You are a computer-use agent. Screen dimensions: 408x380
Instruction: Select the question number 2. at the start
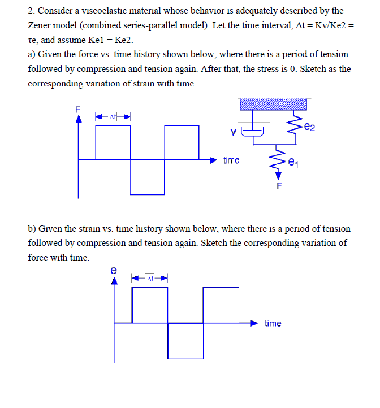[x=32, y=11]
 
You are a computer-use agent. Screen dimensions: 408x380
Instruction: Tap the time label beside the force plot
[x=231, y=160]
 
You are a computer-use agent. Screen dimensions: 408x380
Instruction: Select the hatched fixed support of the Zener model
[x=273, y=104]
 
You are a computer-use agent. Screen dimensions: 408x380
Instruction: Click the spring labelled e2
[x=293, y=125]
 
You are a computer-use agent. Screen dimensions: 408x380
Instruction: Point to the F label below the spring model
[x=278, y=186]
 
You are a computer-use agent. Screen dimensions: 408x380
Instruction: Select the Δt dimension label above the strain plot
[x=150, y=279]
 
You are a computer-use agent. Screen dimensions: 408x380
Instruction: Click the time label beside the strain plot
[x=273, y=323]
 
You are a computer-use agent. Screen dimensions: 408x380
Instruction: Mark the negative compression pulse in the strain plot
[x=185, y=340]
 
